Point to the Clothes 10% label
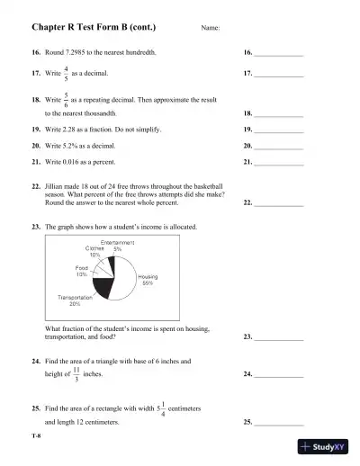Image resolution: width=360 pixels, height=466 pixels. tap(94, 252)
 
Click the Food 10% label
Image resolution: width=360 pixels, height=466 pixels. tap(81, 271)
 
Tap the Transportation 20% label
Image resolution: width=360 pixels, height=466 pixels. tap(75, 300)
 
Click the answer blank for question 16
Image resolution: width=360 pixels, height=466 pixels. tap(278, 55)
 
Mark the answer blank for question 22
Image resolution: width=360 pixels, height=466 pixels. tap(278, 203)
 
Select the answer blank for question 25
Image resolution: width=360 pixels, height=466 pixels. tap(278, 421)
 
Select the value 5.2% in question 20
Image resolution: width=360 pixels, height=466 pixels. tap(71, 145)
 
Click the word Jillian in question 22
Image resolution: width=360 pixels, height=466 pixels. tap(56, 184)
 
